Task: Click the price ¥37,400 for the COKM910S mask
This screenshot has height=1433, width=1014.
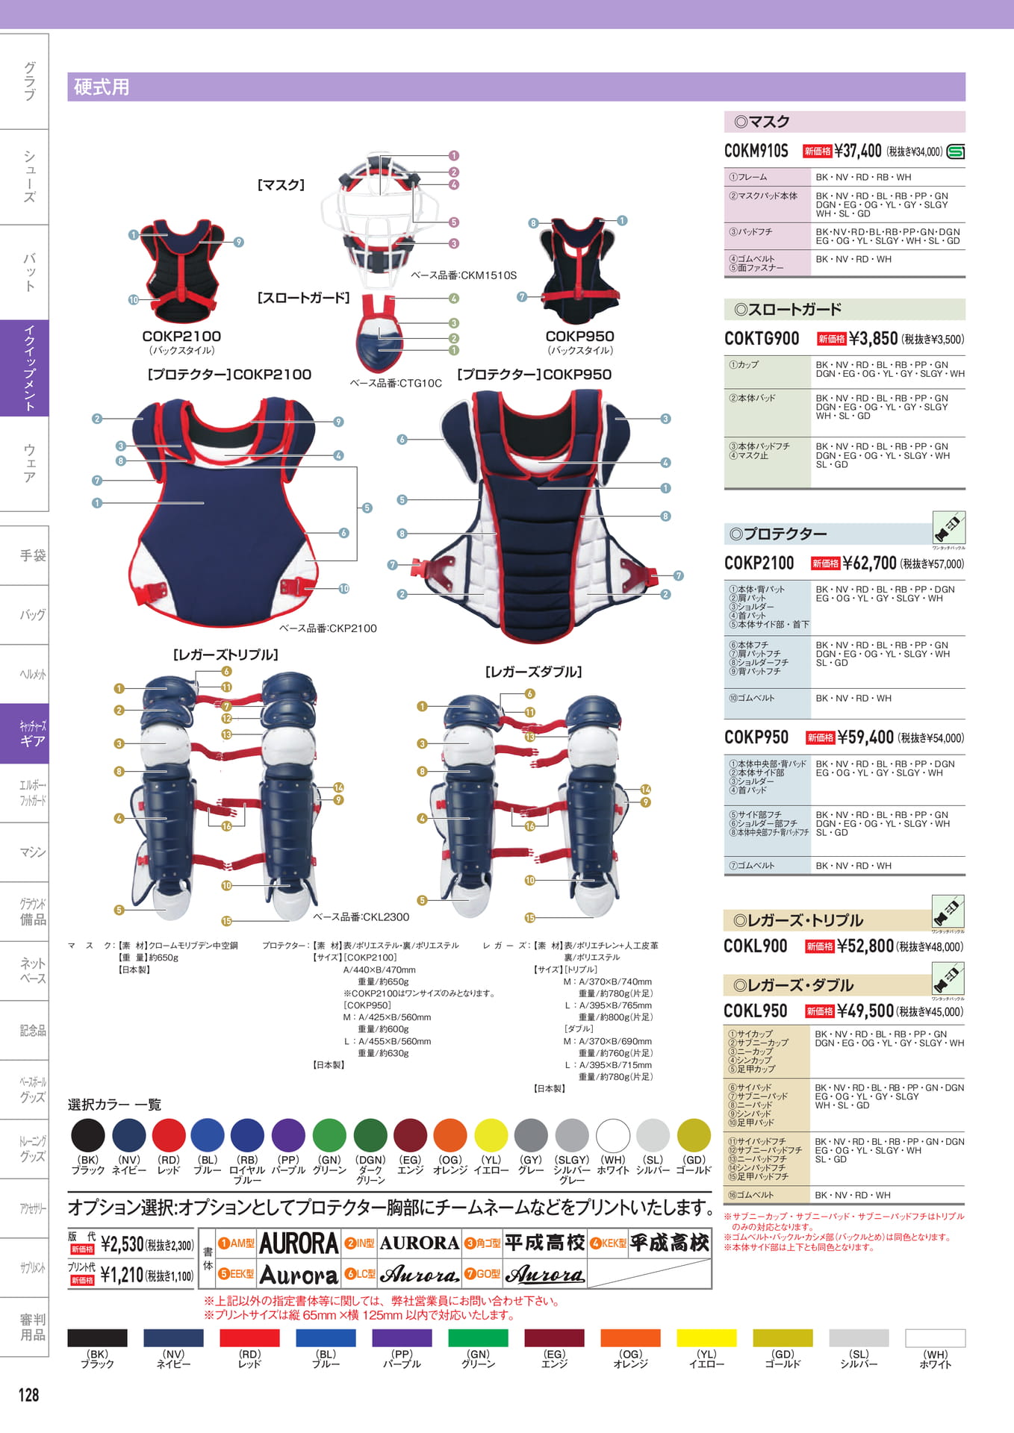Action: point(858,151)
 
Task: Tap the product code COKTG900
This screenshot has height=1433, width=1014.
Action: point(761,339)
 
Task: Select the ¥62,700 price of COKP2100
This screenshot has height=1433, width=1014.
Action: point(870,563)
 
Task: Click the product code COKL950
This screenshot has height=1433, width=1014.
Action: point(756,1011)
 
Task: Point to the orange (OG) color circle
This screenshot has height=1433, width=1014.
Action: point(450,1135)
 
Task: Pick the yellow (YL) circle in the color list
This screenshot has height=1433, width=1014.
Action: point(491,1135)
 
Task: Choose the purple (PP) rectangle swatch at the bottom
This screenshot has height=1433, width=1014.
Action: point(402,1338)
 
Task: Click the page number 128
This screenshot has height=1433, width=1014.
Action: point(28,1394)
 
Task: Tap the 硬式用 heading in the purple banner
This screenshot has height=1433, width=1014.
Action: point(102,87)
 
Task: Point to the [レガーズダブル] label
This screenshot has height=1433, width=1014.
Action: point(533,672)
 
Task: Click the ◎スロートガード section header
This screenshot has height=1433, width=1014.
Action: point(787,309)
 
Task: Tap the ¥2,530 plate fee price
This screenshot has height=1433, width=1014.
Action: point(122,1244)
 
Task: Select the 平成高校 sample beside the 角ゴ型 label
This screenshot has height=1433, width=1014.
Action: point(544,1243)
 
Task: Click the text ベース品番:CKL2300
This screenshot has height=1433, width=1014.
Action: point(361,917)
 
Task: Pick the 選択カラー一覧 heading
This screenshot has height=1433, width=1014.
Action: point(114,1105)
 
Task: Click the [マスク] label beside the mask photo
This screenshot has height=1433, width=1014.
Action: point(281,185)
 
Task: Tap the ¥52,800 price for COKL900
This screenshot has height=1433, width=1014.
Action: point(865,946)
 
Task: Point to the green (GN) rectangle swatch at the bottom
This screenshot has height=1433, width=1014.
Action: point(478,1338)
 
